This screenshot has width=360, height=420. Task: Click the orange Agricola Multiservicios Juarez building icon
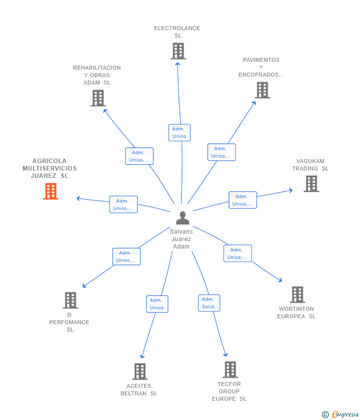[x=50, y=191]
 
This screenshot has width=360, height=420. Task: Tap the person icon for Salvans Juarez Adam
[x=182, y=218]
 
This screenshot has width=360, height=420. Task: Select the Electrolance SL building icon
[x=178, y=51]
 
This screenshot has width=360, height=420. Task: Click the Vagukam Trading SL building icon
[x=311, y=184]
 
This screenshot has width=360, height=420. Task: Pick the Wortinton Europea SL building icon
[x=297, y=294]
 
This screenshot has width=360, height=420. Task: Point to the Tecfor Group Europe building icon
[x=230, y=370]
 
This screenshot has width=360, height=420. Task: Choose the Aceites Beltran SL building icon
[x=140, y=372]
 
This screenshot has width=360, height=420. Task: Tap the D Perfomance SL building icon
[x=70, y=300]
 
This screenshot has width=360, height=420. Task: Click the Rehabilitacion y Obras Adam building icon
[x=98, y=98]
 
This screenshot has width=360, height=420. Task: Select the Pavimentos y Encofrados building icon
[x=262, y=90]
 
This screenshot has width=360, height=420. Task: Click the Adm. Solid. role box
[x=209, y=303]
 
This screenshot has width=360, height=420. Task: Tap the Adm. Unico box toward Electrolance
[x=179, y=132]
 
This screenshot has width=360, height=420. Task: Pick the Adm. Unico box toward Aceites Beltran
[x=157, y=304]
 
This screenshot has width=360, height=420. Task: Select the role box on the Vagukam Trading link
[x=242, y=200]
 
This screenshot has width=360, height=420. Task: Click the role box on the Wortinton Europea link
[x=237, y=253]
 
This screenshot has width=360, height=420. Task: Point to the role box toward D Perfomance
[x=126, y=256]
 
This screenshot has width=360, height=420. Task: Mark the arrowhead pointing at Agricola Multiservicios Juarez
[x=78, y=198]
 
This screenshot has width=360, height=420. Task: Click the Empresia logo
[x=344, y=415]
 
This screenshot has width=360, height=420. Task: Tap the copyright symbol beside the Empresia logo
[x=325, y=415]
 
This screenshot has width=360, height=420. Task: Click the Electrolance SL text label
[x=177, y=32]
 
